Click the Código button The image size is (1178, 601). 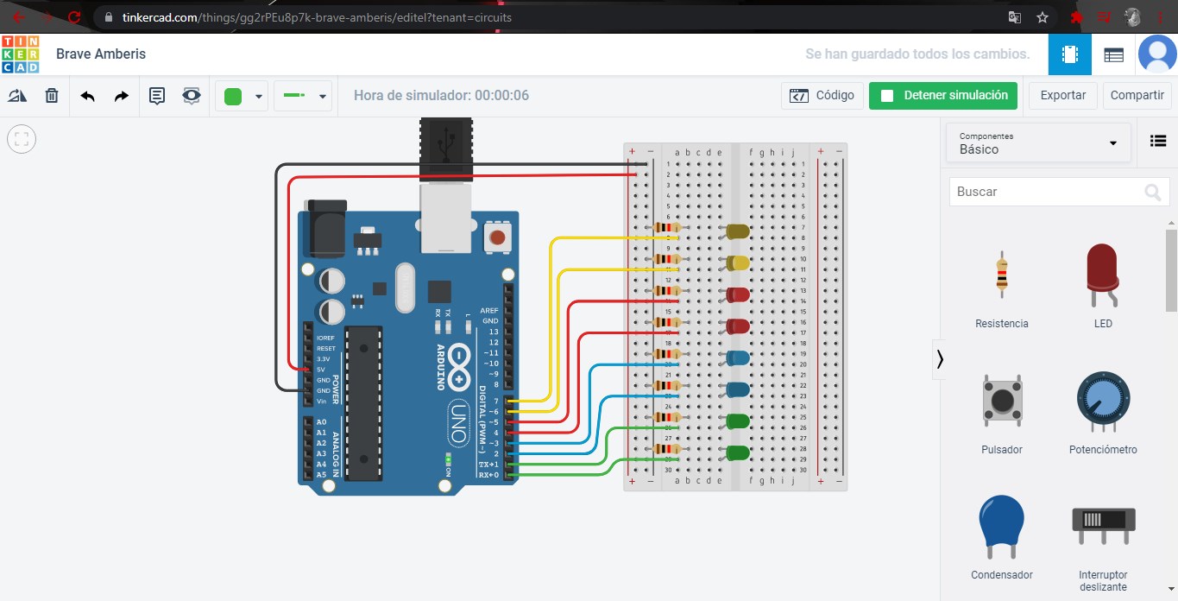(822, 96)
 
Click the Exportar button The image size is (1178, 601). (1062, 96)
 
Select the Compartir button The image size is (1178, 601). (1137, 96)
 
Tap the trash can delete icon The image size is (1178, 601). (52, 96)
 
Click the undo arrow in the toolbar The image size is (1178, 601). (87, 96)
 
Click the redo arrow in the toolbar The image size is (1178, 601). (122, 96)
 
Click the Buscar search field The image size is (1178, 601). (1044, 192)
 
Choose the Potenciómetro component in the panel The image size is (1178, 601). (1103, 406)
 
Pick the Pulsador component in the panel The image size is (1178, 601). (1002, 406)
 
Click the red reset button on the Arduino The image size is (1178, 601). (496, 237)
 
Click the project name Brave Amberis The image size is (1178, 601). (101, 54)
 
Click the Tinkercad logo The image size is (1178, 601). (20, 54)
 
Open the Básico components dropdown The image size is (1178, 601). (1038, 143)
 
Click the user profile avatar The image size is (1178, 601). (1156, 54)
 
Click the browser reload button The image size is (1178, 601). (74, 16)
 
